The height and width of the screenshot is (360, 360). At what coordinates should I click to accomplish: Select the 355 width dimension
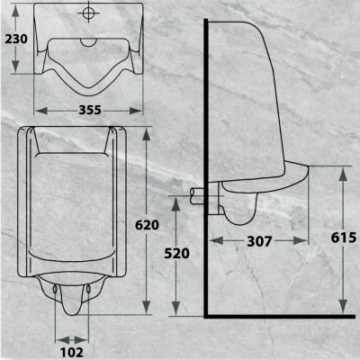(87, 110)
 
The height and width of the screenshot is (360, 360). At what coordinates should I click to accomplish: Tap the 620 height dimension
(147, 225)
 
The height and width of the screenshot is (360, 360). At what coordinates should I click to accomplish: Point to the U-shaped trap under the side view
(241, 214)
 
